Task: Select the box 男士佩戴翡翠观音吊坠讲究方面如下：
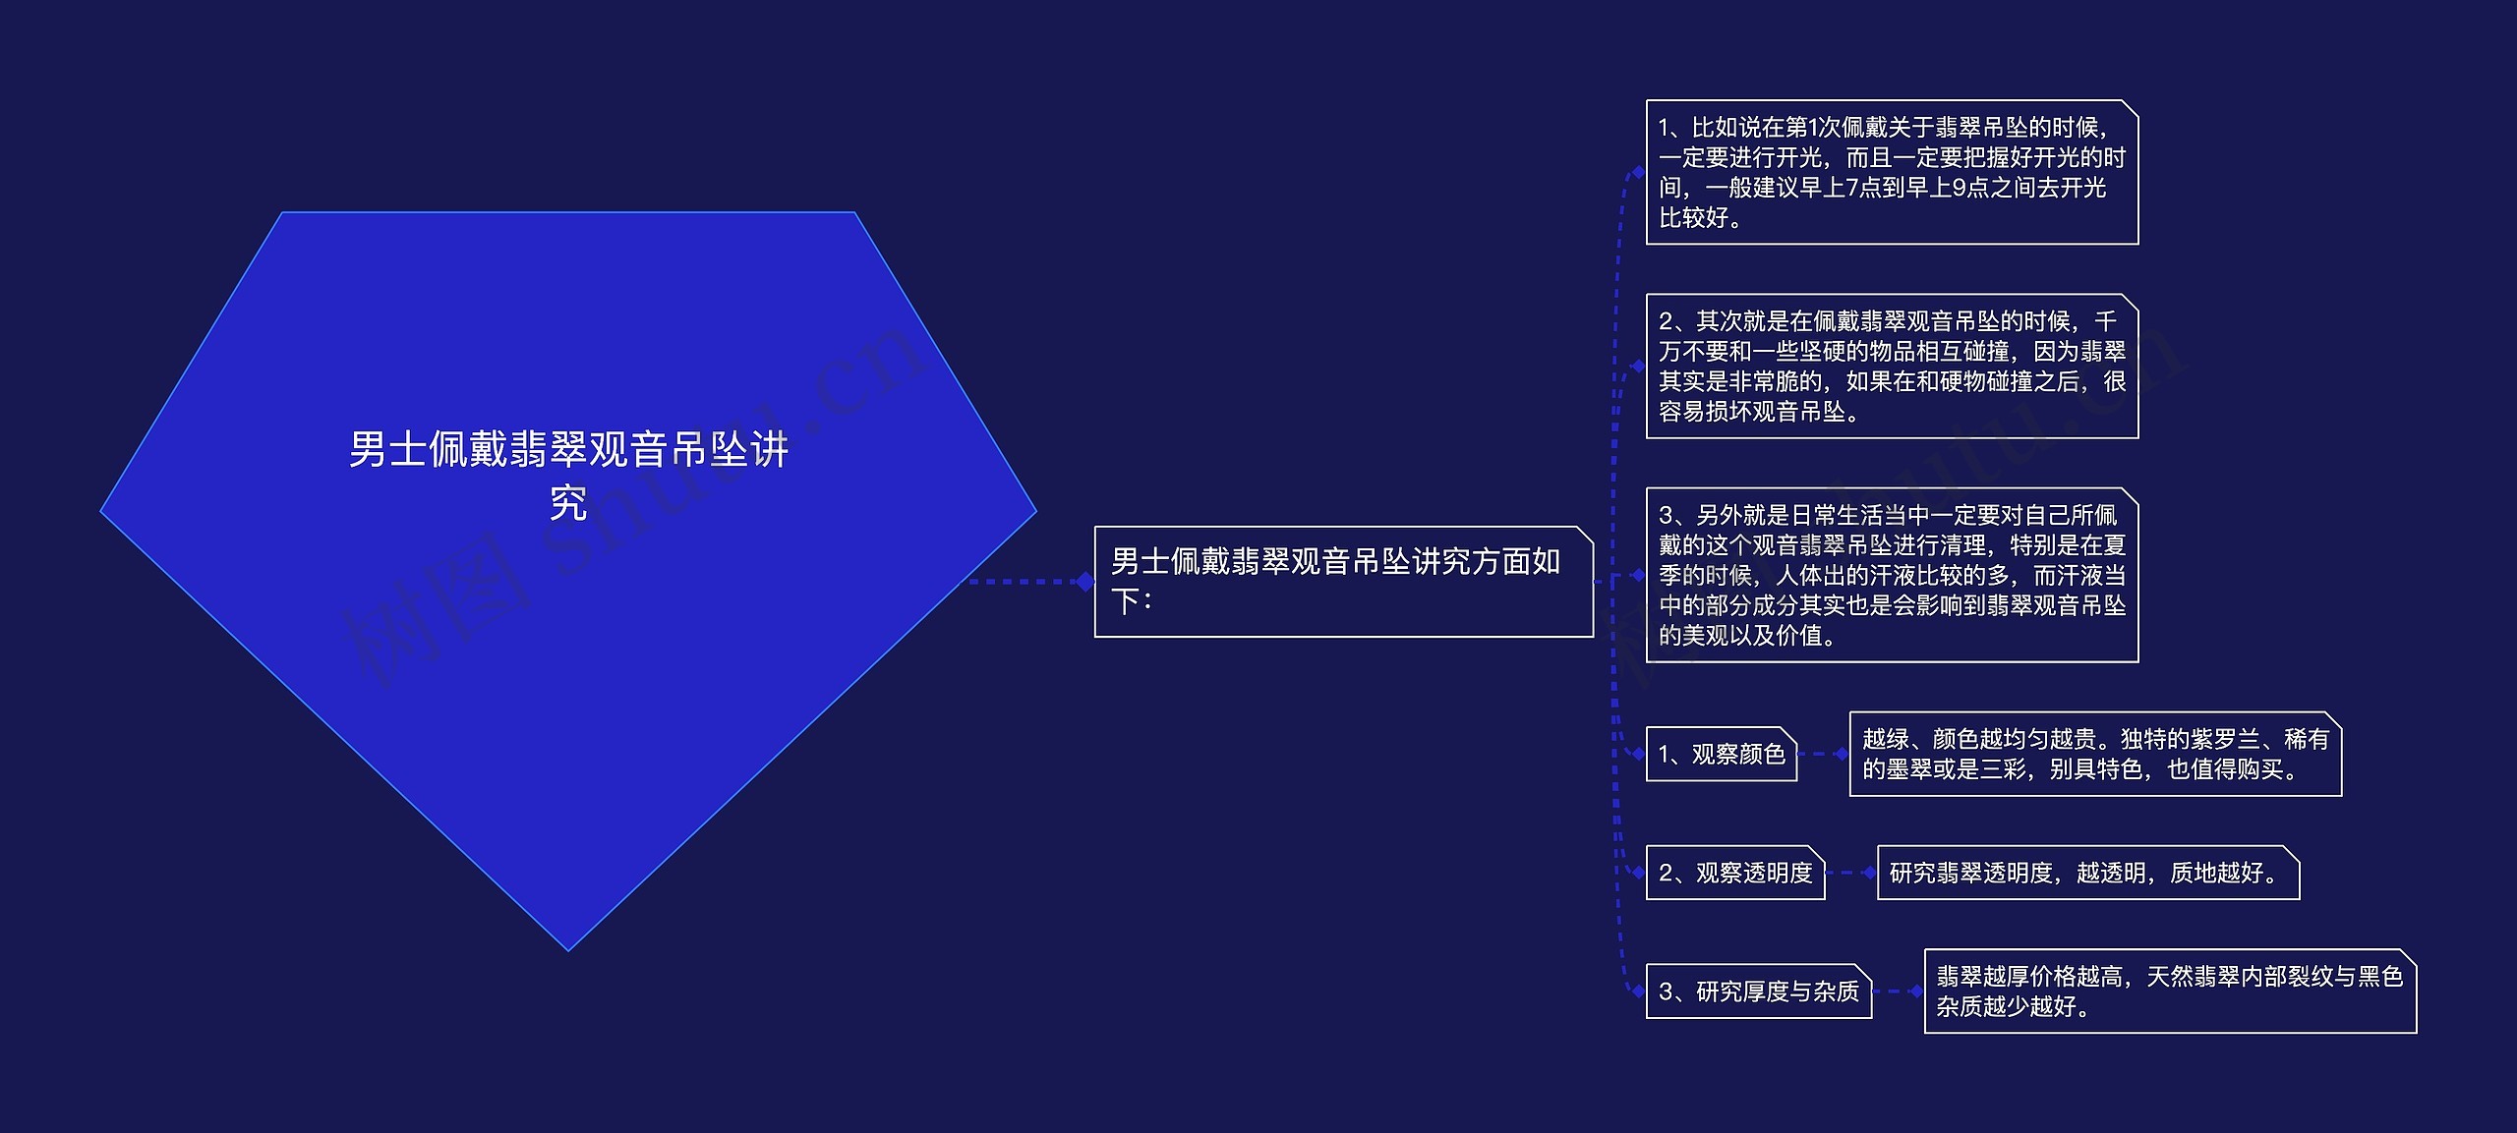tap(1343, 582)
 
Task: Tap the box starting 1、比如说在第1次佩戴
tap(1892, 172)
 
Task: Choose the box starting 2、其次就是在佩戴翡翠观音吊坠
tap(1892, 366)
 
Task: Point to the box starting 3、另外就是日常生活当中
tap(1892, 575)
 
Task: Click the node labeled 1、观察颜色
tap(1721, 754)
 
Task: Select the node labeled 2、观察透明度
tap(1734, 873)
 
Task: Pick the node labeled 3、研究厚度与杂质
tap(1758, 991)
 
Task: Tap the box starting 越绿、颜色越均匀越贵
tap(2094, 754)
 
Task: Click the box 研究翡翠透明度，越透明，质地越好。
tap(2087, 873)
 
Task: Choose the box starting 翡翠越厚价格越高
tap(2169, 991)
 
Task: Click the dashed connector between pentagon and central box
tap(1023, 582)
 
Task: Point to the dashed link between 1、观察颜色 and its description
tap(1821, 754)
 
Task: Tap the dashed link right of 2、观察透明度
tap(1848, 873)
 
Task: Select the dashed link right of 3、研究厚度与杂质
tap(1896, 991)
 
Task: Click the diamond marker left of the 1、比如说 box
tap(1638, 172)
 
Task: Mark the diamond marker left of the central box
tap(1085, 582)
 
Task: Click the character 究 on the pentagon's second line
tap(568, 504)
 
